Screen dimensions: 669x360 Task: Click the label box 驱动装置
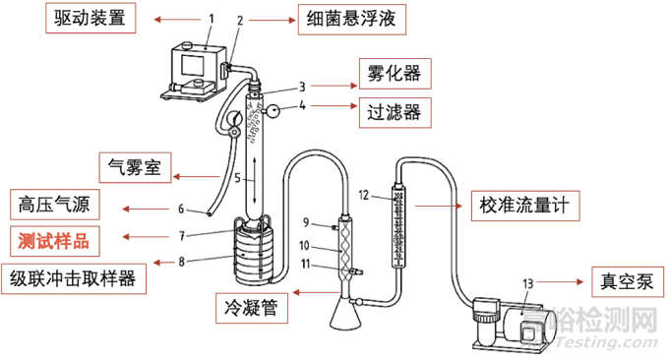click(91, 18)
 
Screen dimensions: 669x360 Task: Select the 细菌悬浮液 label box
click(351, 20)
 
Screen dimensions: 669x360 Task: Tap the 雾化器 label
click(395, 74)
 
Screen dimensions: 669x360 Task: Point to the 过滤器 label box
click(395, 112)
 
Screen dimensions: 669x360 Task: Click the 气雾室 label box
click(135, 167)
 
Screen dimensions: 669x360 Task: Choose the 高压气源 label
click(55, 205)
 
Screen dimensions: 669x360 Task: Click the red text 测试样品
click(54, 241)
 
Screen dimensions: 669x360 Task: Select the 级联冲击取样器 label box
click(74, 279)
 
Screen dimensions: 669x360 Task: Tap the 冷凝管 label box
click(252, 308)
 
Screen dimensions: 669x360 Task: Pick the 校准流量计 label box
click(525, 206)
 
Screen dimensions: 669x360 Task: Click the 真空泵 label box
click(628, 282)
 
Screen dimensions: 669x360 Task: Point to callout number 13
click(528, 283)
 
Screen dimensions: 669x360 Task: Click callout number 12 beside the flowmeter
click(363, 196)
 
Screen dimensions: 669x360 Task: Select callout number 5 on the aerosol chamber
click(238, 178)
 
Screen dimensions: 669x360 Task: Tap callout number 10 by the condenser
click(304, 246)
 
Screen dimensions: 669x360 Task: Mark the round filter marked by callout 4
click(273, 111)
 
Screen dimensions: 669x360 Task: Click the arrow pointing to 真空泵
click(560, 282)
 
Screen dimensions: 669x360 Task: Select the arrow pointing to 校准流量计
click(439, 206)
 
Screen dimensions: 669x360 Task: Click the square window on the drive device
click(193, 66)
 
